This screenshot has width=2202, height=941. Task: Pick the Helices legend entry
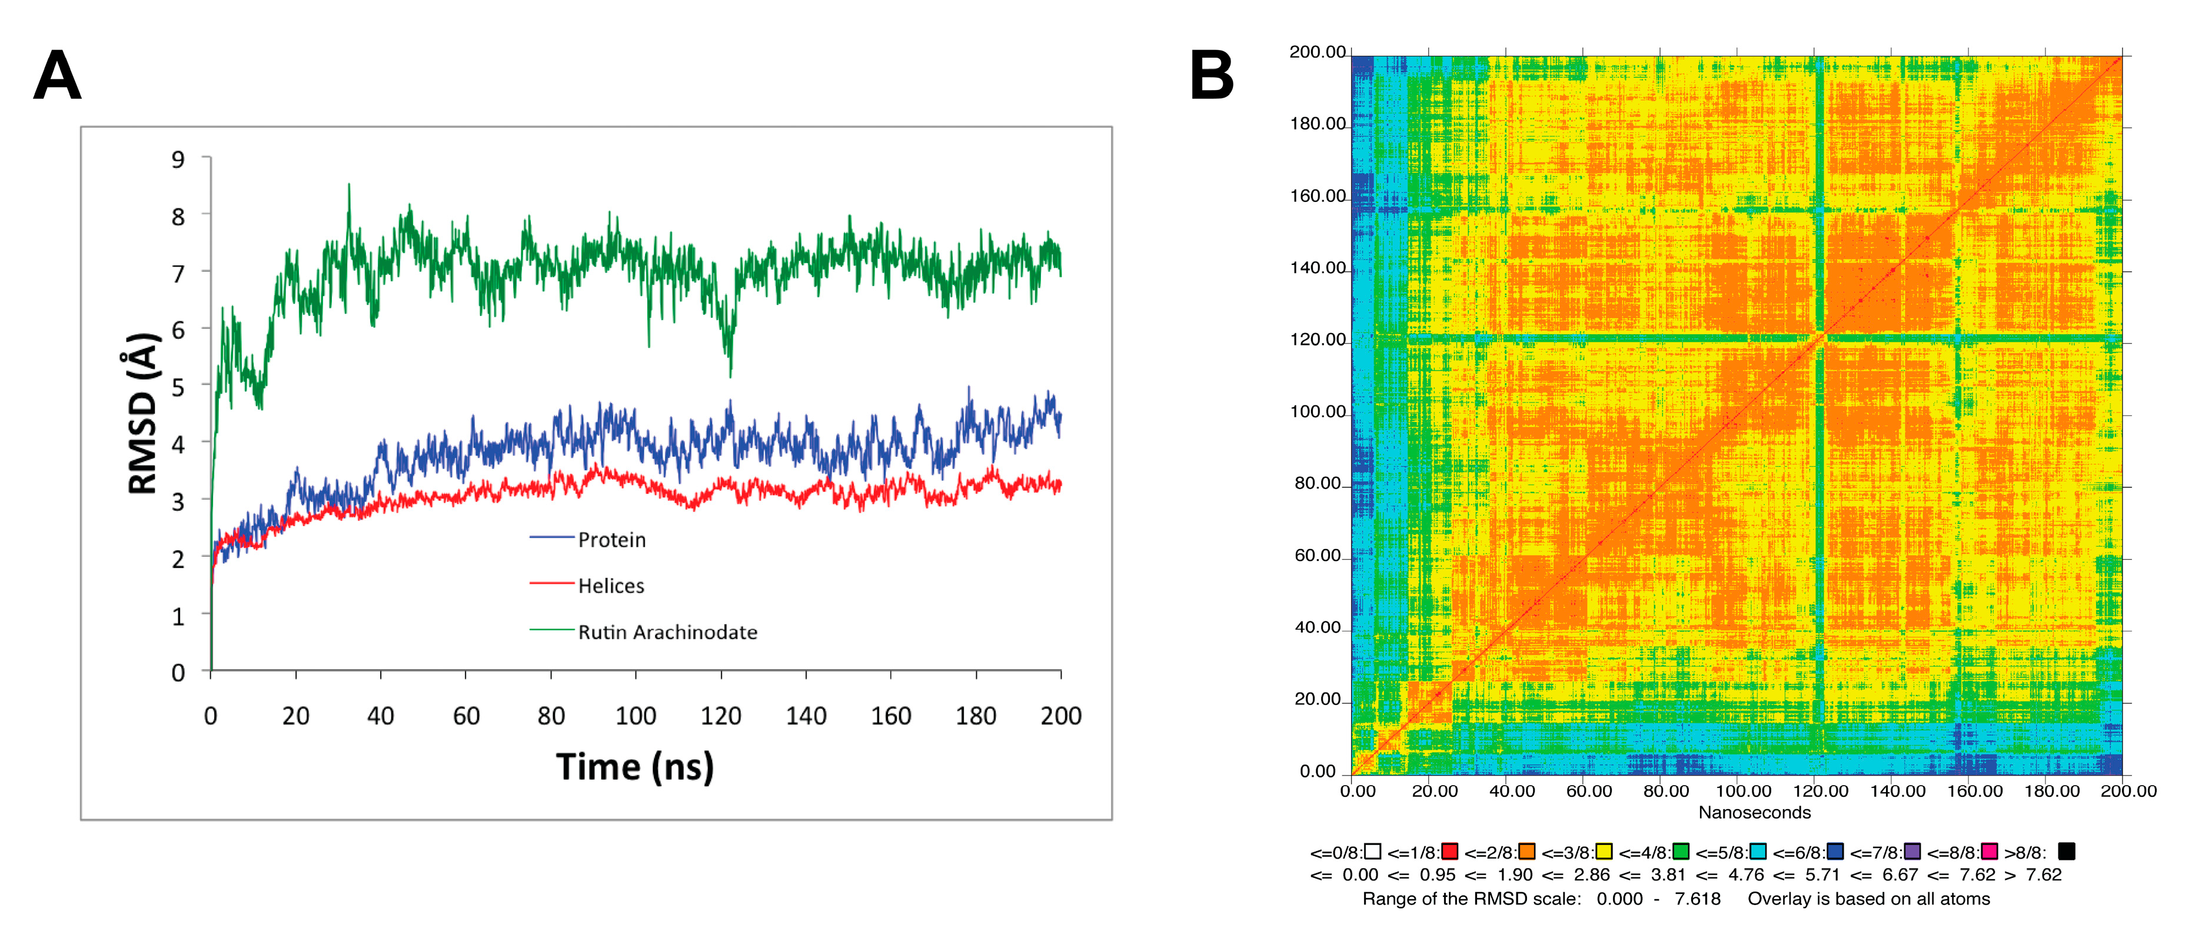pos(610,586)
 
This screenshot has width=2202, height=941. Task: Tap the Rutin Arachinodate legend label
pos(667,633)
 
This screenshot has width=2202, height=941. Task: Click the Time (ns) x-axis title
pos(634,767)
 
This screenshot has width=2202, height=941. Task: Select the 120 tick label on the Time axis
pos(721,716)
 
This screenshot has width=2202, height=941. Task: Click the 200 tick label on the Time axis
pos(1061,716)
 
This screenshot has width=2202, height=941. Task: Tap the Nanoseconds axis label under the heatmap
pos(1754,813)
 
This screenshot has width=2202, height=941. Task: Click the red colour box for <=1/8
pos(1450,852)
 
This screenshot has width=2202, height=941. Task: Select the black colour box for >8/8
pos(2066,852)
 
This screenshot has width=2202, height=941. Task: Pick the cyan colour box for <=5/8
pos(1758,852)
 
